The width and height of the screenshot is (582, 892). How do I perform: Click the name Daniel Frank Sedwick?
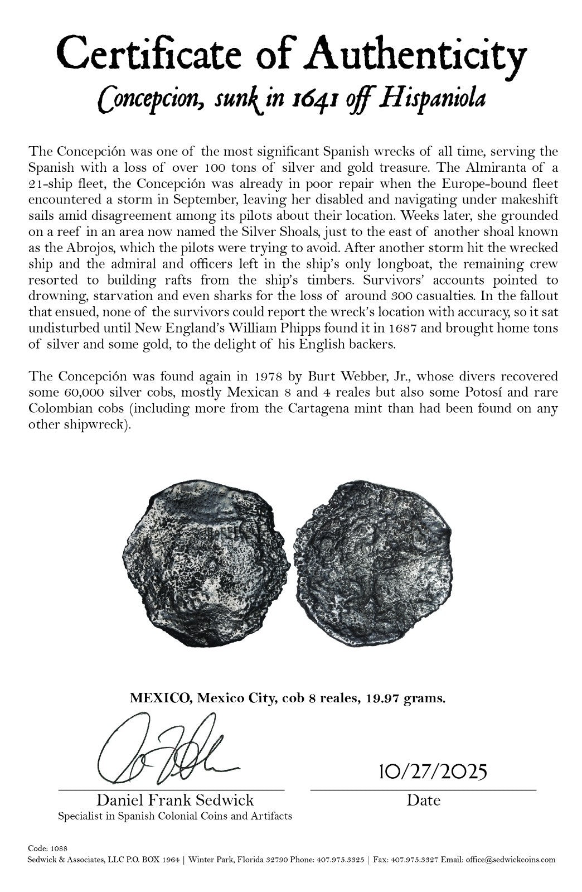(175, 800)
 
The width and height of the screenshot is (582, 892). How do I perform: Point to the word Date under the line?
(423, 800)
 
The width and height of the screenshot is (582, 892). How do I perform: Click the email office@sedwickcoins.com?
(513, 860)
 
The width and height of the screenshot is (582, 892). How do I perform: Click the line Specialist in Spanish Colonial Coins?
(174, 816)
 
